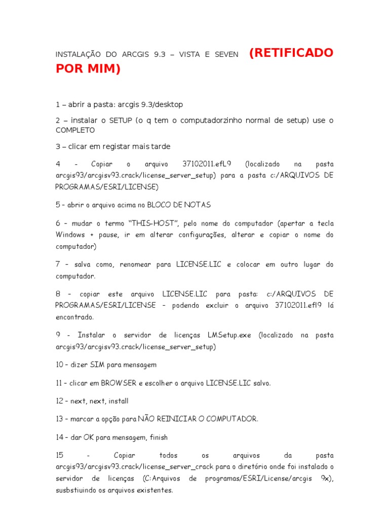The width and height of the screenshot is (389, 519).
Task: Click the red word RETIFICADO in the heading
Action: point(292,53)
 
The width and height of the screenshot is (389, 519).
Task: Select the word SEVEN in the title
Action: point(226,54)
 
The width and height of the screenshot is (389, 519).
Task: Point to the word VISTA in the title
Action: point(189,54)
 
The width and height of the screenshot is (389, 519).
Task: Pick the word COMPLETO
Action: point(75,130)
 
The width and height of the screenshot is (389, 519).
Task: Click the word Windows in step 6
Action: point(70,235)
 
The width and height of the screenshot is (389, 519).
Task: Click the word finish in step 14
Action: point(158,437)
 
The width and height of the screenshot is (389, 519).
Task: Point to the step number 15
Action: point(60,455)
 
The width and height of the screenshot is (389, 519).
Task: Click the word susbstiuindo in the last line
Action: point(79,490)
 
